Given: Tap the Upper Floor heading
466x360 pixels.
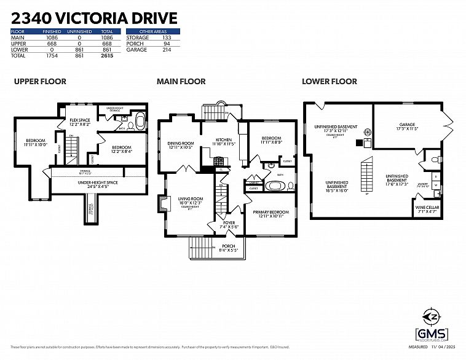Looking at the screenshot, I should (40, 81).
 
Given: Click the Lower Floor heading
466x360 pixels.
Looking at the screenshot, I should (329, 81).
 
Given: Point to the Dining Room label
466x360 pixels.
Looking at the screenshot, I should (181, 143).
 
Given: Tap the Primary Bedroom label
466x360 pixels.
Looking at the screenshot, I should (271, 213).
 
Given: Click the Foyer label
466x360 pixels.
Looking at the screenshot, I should (229, 223).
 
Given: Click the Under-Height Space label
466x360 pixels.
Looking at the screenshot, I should (98, 182).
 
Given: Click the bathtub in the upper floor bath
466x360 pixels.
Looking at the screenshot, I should (140, 120).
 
